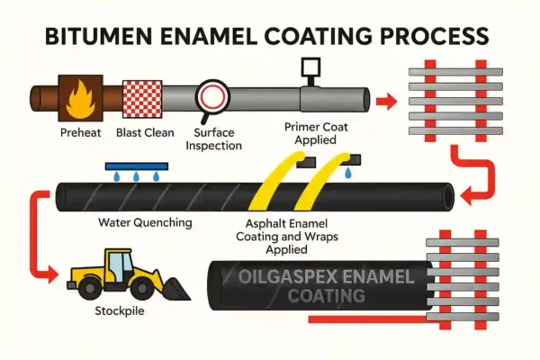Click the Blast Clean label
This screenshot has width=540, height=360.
tap(141, 133)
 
